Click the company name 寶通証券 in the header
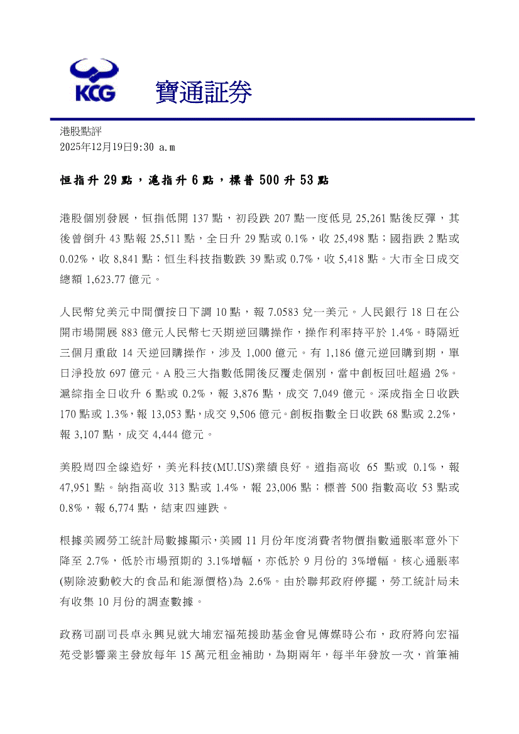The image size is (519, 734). (x=204, y=93)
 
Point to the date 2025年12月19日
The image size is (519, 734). (x=95, y=147)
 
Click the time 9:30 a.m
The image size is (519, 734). (x=155, y=147)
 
